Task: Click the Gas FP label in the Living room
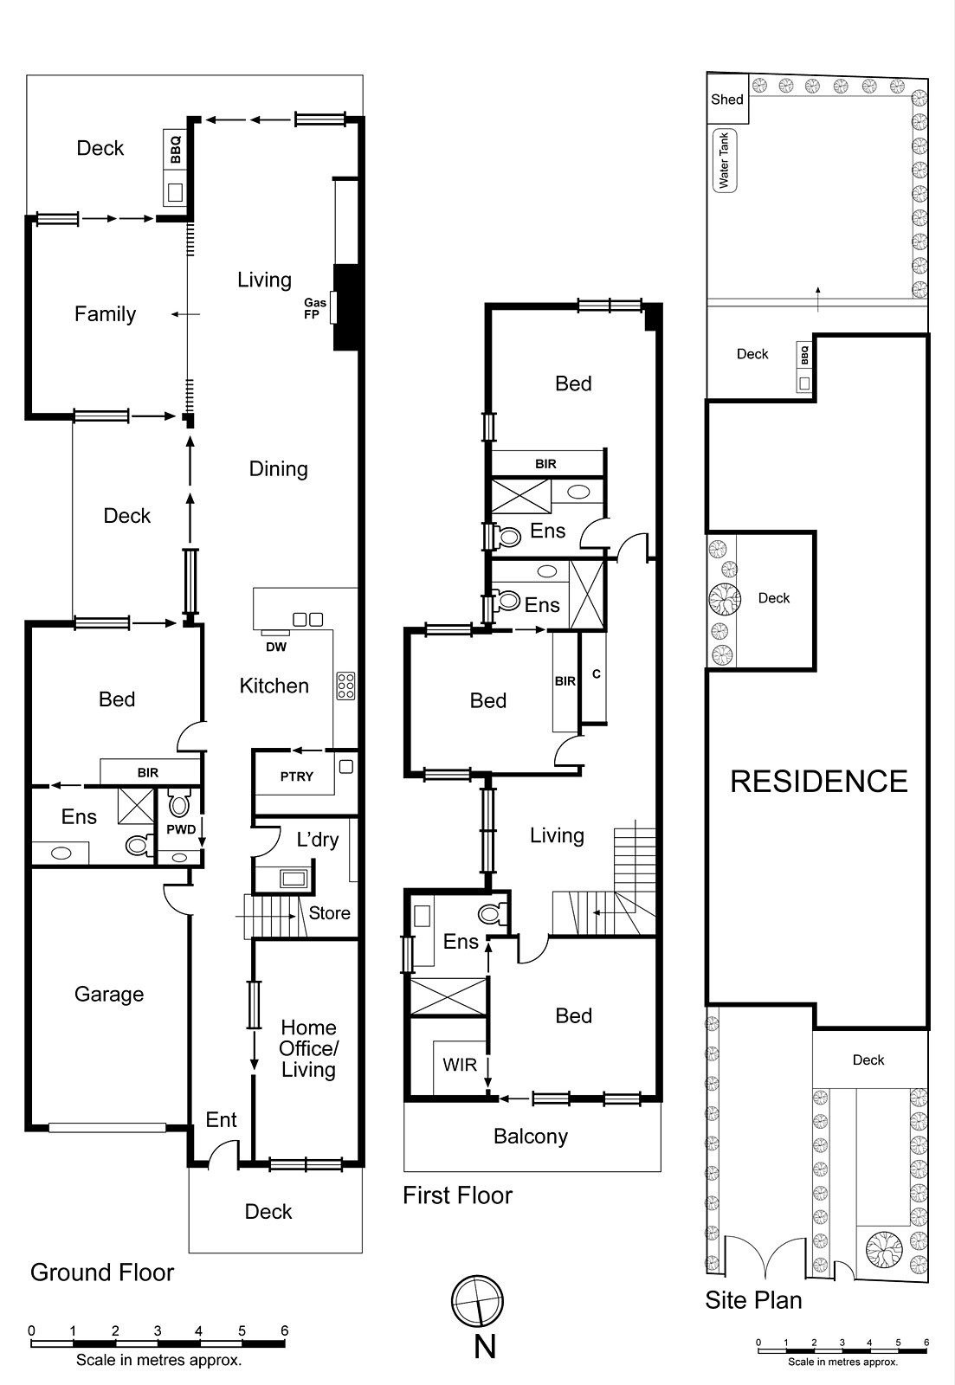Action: [x=314, y=308]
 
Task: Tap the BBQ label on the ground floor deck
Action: [x=176, y=149]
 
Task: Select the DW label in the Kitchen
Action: [x=276, y=647]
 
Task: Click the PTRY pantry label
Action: [x=296, y=776]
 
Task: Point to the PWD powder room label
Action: [x=182, y=829]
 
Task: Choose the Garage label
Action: [x=109, y=995]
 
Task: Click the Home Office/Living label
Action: [x=308, y=1048]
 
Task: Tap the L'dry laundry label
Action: [x=318, y=840]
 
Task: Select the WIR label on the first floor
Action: [x=460, y=1065]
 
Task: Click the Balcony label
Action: [x=531, y=1137]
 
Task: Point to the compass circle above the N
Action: [x=477, y=1300]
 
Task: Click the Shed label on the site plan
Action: [x=727, y=100]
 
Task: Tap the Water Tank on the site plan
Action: [x=724, y=161]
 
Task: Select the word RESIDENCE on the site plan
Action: [x=818, y=782]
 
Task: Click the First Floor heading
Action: [x=457, y=1195]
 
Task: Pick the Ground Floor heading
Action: [x=102, y=1272]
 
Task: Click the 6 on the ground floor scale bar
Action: [x=284, y=1330]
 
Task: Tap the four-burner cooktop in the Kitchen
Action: [x=345, y=686]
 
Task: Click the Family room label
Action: [x=105, y=314]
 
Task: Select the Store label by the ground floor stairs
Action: [x=329, y=913]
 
